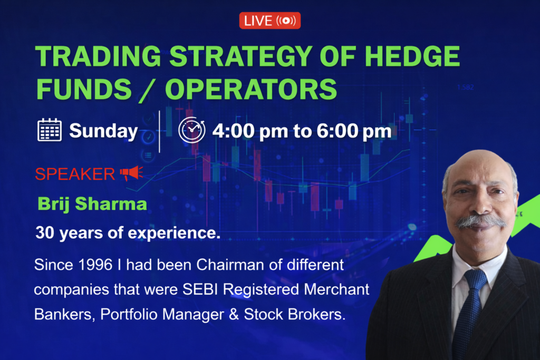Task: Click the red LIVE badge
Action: tap(269, 21)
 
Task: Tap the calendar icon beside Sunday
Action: tap(50, 130)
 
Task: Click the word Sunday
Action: tap(103, 131)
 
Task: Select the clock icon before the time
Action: tap(192, 130)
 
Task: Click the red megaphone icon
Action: tap(131, 173)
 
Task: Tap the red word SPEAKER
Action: tap(75, 174)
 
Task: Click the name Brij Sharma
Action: tap(92, 204)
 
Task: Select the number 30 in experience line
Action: tap(45, 232)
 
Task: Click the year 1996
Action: tap(95, 265)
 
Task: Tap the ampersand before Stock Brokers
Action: tap(234, 314)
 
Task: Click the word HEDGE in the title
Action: tap(412, 56)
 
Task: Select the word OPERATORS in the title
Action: tap(251, 89)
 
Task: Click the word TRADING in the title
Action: tap(98, 56)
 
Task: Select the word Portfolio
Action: tap(129, 314)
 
